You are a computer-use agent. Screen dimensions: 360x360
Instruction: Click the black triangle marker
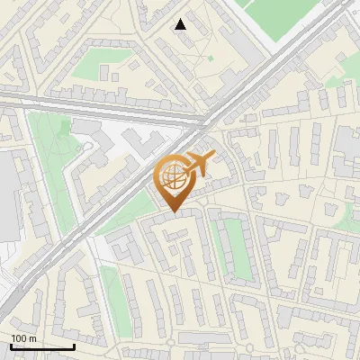point(181,24)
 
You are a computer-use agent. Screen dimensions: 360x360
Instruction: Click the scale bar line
point(42,346)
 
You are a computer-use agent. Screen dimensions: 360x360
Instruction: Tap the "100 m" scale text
point(23,338)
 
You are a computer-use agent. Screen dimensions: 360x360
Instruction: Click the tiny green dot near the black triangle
point(210,58)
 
